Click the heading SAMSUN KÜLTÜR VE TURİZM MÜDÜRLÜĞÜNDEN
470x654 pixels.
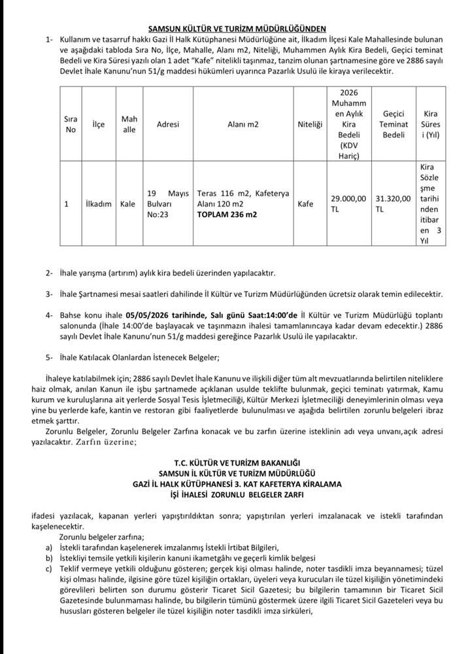coord(236,29)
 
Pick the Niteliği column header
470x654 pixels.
coord(310,124)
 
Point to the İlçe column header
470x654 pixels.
coord(99,124)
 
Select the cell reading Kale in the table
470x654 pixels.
coord(128,204)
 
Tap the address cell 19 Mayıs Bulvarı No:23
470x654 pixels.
coord(168,203)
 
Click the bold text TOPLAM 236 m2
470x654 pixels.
coord(228,214)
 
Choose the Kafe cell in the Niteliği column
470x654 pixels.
coord(305,204)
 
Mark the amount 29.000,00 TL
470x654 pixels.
coord(348,204)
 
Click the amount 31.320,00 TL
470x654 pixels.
coord(394,204)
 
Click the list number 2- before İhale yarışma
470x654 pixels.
coord(49,272)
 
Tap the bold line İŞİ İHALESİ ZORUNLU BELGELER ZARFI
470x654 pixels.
coord(236,495)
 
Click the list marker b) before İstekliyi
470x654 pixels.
coord(48,557)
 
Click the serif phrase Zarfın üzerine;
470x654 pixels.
coord(108,443)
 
